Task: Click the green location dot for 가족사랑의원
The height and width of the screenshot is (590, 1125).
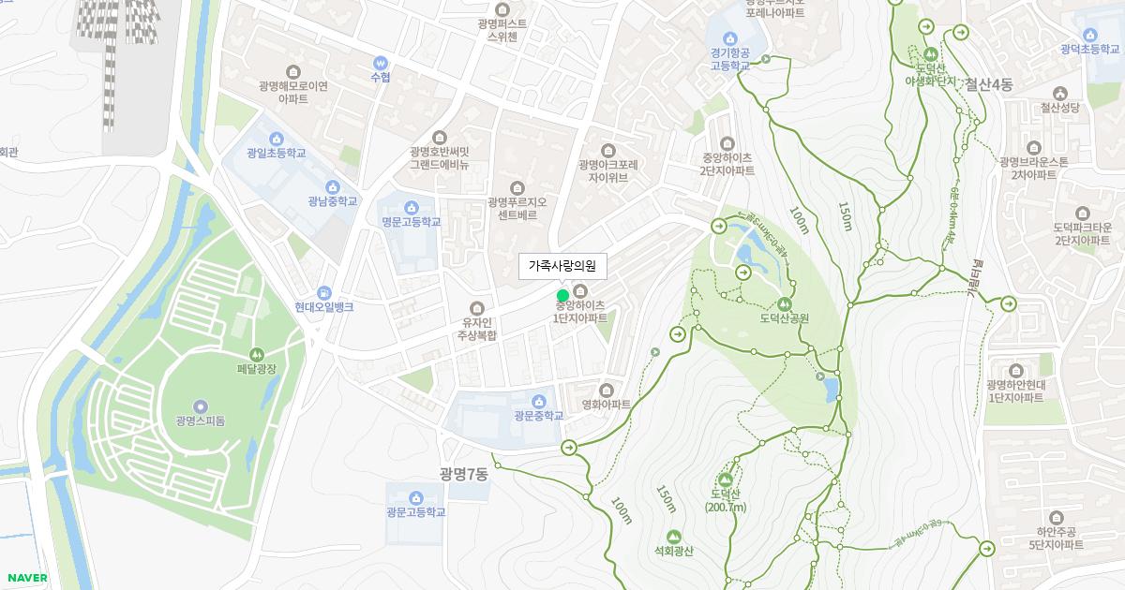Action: pos(562,296)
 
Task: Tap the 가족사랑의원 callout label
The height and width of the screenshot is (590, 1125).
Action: pos(562,267)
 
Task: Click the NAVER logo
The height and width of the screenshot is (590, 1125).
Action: pos(26,578)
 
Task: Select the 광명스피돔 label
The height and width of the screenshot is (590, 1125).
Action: pos(201,420)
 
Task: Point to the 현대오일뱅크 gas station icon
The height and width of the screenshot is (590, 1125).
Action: pos(324,292)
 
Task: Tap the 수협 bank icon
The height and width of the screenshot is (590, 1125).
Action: pos(380,62)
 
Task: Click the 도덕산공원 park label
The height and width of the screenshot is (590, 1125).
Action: pos(785,318)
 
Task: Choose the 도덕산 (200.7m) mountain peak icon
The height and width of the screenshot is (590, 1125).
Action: pos(726,479)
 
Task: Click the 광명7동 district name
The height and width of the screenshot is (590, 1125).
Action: pos(463,474)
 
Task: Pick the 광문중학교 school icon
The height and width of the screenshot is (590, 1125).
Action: pos(538,402)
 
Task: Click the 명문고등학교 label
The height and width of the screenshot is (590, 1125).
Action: pos(411,223)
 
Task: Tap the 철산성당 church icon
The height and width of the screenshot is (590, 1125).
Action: pos(1060,93)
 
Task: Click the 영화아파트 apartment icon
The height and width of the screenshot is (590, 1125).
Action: pos(606,391)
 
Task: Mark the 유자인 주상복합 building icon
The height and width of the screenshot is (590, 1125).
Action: pos(477,308)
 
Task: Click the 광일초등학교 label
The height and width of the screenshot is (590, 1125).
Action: pos(277,152)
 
